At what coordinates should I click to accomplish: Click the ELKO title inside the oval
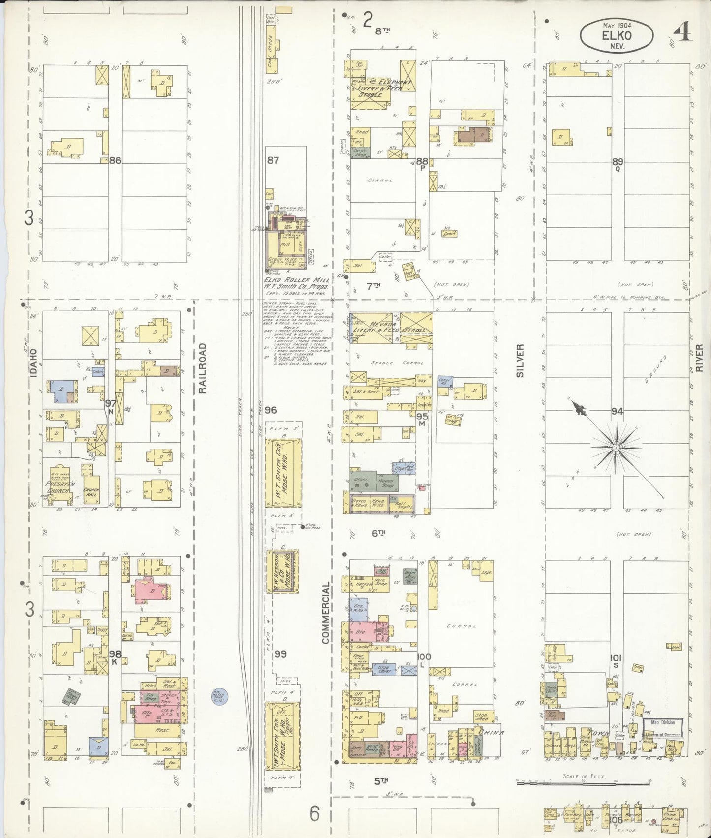click(617, 35)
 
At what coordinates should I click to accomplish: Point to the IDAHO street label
click(33, 363)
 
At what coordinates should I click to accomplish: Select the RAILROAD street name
click(202, 368)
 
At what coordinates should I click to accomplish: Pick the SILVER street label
click(521, 360)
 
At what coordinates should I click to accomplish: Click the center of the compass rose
click(616, 448)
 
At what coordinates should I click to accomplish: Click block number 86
click(116, 160)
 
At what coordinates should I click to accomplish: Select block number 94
click(617, 411)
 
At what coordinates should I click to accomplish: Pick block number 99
click(280, 653)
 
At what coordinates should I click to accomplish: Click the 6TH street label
click(378, 533)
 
